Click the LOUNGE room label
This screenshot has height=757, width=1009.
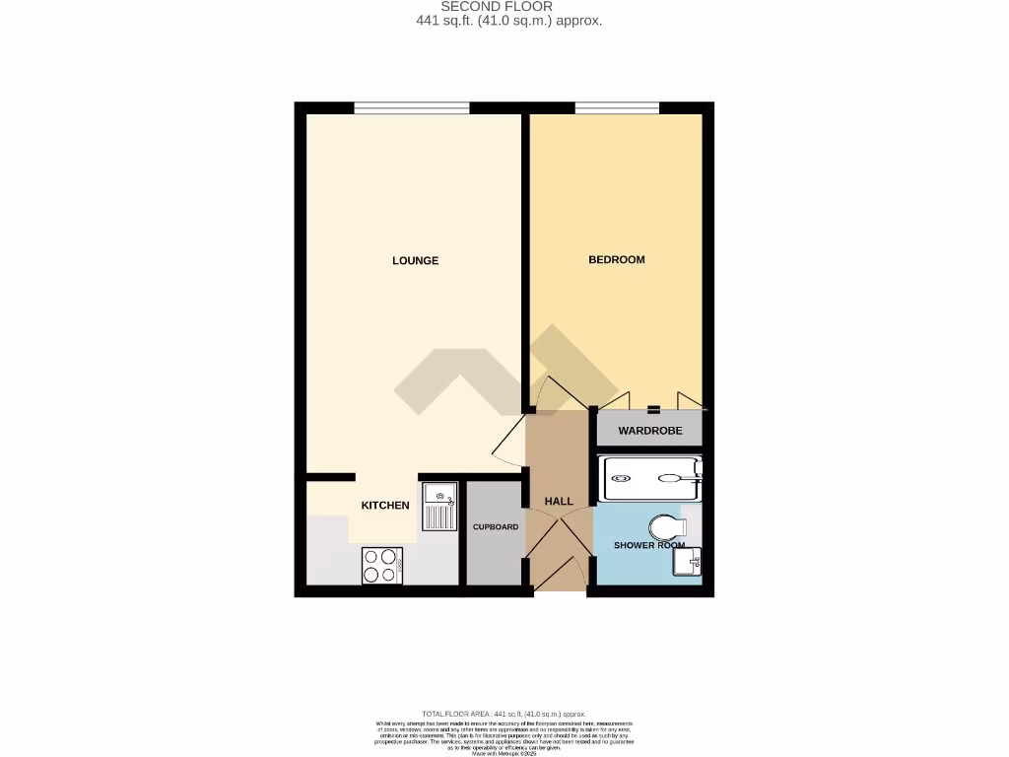coord(415,260)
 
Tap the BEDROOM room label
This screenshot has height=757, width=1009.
coord(616,259)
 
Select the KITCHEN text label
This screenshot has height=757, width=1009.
coord(385,505)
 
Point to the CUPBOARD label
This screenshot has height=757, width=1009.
coord(496,527)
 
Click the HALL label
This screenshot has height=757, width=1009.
coord(559,502)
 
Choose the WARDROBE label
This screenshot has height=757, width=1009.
coord(649,431)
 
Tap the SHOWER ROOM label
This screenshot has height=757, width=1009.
coord(649,545)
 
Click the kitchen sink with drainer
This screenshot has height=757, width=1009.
coord(439,507)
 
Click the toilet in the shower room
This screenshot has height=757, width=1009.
coord(667,526)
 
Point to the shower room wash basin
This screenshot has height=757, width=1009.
coord(688,563)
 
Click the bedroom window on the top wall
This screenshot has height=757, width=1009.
coord(617,107)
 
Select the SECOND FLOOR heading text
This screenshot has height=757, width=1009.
coord(504,6)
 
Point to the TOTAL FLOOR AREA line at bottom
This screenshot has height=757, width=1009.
coord(504,714)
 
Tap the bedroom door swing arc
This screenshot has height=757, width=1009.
coord(562,394)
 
